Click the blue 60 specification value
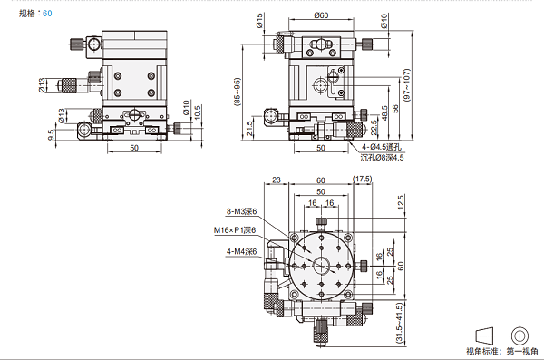click(x=47, y=14)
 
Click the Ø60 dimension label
click(x=321, y=15)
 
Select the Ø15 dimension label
click(x=259, y=21)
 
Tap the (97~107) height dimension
click(x=407, y=85)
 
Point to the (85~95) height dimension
click(x=238, y=92)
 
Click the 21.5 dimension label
click(x=249, y=128)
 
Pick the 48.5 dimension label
click(x=384, y=113)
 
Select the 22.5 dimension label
click(x=374, y=128)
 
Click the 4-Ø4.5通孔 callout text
click(x=382, y=147)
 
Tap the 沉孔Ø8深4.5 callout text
click(x=382, y=158)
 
